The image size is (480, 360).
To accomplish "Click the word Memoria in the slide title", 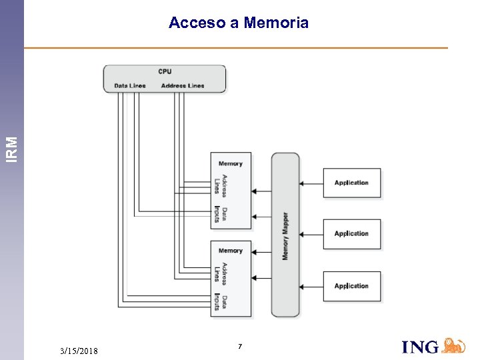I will click(x=276, y=23).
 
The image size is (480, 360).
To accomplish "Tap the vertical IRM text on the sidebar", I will click(x=12, y=149).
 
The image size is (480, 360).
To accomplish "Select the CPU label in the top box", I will click(x=165, y=71).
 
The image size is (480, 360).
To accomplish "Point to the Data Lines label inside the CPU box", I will click(x=130, y=85).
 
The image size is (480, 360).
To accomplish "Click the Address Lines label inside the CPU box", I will click(x=183, y=85).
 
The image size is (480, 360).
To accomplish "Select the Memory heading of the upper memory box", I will click(x=231, y=163).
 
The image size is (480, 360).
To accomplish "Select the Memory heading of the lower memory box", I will click(x=231, y=251).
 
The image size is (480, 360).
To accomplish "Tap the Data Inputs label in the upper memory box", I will click(x=221, y=214).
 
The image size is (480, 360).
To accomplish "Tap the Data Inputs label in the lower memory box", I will click(x=221, y=302).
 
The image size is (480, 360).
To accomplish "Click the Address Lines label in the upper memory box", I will click(x=221, y=184).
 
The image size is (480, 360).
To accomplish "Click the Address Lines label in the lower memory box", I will click(x=221, y=271).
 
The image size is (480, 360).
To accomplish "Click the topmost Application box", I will click(x=352, y=183).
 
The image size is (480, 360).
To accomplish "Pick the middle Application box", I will click(x=352, y=234).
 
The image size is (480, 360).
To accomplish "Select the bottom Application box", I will click(x=352, y=286).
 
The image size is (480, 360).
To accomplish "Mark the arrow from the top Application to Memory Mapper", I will click(x=311, y=183).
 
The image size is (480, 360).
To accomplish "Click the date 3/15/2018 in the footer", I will click(x=79, y=351).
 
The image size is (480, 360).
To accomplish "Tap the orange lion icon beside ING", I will click(x=454, y=345).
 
